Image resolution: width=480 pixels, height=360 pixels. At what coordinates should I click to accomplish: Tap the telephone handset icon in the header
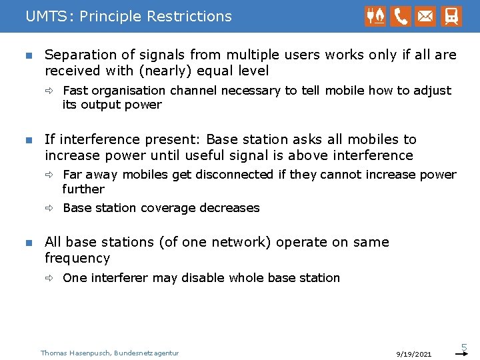pyautogui.click(x=401, y=16)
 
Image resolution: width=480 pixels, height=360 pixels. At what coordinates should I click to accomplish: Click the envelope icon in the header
pyautogui.click(x=425, y=16)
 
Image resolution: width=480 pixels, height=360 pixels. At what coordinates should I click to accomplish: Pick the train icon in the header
pyautogui.click(x=451, y=16)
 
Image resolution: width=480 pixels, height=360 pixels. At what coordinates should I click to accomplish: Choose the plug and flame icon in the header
pyautogui.click(x=375, y=16)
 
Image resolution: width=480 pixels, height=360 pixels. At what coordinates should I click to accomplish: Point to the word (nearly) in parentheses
pyautogui.click(x=160, y=71)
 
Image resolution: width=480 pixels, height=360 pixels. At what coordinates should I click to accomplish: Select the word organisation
pyautogui.click(x=129, y=90)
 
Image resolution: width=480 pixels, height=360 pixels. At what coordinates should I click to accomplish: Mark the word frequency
pyautogui.click(x=77, y=258)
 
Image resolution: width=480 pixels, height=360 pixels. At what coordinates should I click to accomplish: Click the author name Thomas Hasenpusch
pyautogui.click(x=75, y=353)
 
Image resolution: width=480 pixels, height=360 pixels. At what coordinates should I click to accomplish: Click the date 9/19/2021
pyautogui.click(x=413, y=354)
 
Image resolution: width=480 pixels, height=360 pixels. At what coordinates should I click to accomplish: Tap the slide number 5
pyautogui.click(x=465, y=347)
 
